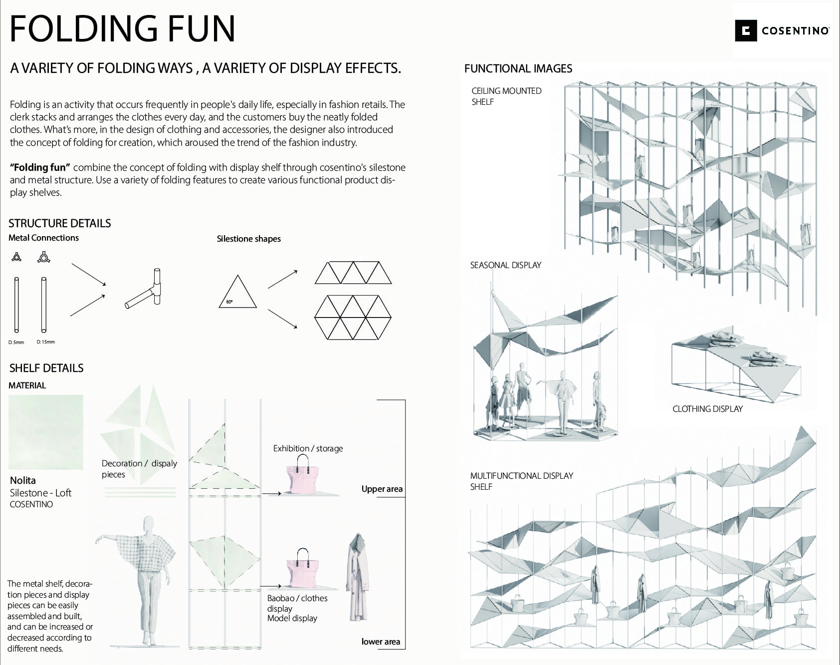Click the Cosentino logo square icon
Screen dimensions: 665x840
tap(746, 31)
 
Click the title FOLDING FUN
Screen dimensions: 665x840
tap(122, 29)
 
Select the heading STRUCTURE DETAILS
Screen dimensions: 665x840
tap(60, 223)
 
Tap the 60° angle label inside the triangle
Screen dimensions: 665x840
tap(229, 302)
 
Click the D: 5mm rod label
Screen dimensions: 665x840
tap(16, 342)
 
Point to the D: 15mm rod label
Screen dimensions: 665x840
tap(46, 342)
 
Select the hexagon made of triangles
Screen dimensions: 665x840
tap(353, 318)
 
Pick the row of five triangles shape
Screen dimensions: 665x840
tap(353, 273)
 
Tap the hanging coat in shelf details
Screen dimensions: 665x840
tap(357, 577)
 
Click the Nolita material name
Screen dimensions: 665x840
tap(23, 480)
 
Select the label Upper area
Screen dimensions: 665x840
tap(382, 489)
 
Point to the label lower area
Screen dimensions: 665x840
tap(381, 642)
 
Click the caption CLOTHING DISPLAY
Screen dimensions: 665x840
tap(707, 409)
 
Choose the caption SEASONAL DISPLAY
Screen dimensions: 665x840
tap(505, 265)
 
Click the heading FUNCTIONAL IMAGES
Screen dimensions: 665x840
tap(518, 68)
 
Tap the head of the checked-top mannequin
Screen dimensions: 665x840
tap(148, 524)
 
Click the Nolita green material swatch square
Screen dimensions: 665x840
tap(46, 432)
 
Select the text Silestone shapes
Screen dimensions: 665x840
tap(248, 239)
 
